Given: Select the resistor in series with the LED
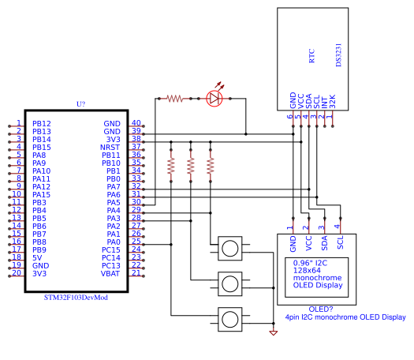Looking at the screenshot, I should click(x=174, y=99).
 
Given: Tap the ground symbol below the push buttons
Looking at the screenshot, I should click(x=274, y=333).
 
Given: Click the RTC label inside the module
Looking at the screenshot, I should click(x=311, y=56).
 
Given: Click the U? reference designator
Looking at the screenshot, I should click(x=80, y=104).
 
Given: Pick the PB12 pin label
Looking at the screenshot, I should click(x=41, y=124).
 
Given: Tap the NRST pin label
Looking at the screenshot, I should click(x=110, y=148).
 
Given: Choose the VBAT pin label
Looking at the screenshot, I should click(x=111, y=273).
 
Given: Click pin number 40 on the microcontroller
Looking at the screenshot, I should click(x=136, y=123).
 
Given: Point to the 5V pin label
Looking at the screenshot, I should click(x=37, y=257).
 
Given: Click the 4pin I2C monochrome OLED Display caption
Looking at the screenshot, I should click(x=345, y=317).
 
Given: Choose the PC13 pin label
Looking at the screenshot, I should click(x=111, y=265).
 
